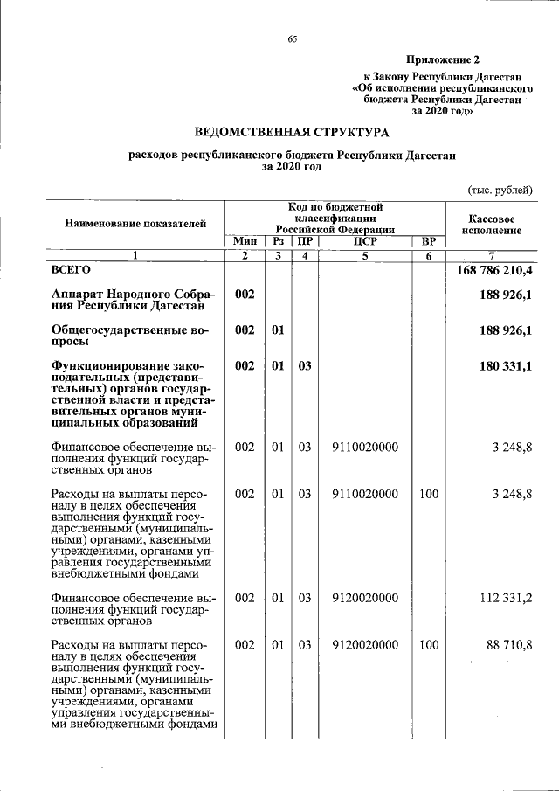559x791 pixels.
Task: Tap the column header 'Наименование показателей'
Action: click(135, 224)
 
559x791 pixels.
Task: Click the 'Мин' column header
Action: click(245, 241)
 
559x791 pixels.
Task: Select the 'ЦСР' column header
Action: click(365, 241)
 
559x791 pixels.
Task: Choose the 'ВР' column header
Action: click(428, 241)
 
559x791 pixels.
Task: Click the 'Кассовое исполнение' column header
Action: click(490, 224)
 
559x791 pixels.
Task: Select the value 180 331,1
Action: click(506, 366)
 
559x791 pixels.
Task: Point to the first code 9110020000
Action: click(365, 447)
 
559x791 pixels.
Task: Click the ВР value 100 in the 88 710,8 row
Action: click(428, 644)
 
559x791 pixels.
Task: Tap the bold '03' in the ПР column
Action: click(304, 366)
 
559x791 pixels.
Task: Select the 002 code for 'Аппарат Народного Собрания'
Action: click(245, 295)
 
